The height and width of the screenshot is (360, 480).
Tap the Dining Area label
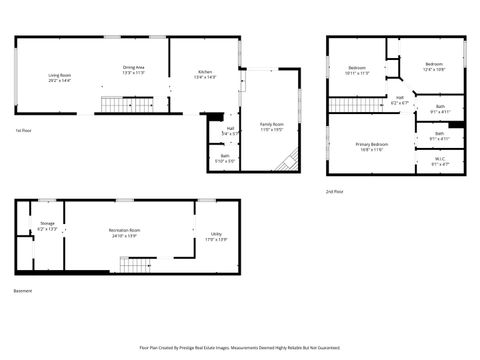coord(134,70)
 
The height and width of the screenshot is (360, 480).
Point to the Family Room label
coord(273,126)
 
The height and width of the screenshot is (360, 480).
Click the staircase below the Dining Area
coord(125,104)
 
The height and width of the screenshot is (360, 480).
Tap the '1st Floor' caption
coord(23,130)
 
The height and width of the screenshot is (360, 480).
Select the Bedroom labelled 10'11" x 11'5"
coord(357,70)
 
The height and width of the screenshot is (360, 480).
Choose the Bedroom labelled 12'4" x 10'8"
coord(434,68)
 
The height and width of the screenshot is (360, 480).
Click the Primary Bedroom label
coord(371,146)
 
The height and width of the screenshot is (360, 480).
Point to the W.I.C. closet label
coord(439,160)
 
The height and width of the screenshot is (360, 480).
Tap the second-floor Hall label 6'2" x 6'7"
coord(400,100)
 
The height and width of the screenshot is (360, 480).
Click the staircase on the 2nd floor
coord(350,104)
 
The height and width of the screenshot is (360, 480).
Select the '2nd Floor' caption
coord(335,190)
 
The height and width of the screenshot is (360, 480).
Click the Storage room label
coord(48,227)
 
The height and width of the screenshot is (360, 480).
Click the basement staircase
coord(133,264)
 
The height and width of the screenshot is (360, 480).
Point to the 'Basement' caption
coord(23,291)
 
